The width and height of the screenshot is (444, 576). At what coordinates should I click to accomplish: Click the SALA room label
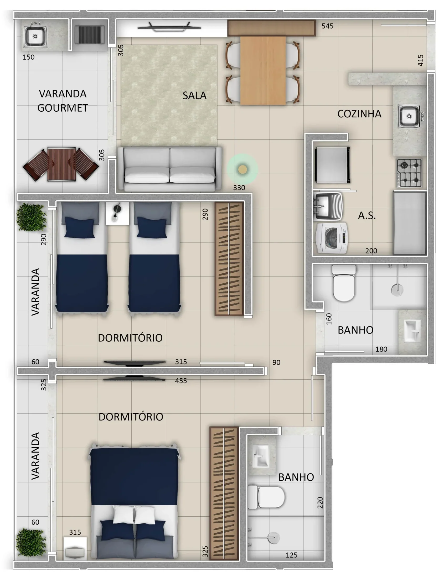click(194, 95)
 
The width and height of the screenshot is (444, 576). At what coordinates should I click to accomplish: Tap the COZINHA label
click(359, 114)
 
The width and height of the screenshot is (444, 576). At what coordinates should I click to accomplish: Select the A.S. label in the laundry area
click(367, 215)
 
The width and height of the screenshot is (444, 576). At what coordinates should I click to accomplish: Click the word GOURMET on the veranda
click(63, 108)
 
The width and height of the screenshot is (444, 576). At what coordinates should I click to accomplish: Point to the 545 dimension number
click(327, 26)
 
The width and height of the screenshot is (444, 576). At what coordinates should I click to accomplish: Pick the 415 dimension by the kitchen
click(421, 60)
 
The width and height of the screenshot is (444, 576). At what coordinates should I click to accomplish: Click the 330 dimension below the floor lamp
click(239, 188)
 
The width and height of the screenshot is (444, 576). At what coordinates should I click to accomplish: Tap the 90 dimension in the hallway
click(276, 362)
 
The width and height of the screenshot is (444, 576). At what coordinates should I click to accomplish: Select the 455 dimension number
click(181, 381)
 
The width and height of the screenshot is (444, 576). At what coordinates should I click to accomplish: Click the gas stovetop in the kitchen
click(409, 173)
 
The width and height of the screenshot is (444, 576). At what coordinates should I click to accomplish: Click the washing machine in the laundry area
click(332, 238)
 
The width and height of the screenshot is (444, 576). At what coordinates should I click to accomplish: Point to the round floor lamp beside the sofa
click(242, 169)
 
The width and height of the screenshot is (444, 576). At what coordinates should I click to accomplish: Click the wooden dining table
click(263, 71)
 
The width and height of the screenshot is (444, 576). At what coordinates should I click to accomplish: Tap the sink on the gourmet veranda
click(35, 36)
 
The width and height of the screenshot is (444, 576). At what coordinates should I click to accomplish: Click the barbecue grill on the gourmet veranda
click(90, 35)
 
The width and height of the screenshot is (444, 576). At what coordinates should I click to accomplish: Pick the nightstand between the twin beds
click(117, 213)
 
